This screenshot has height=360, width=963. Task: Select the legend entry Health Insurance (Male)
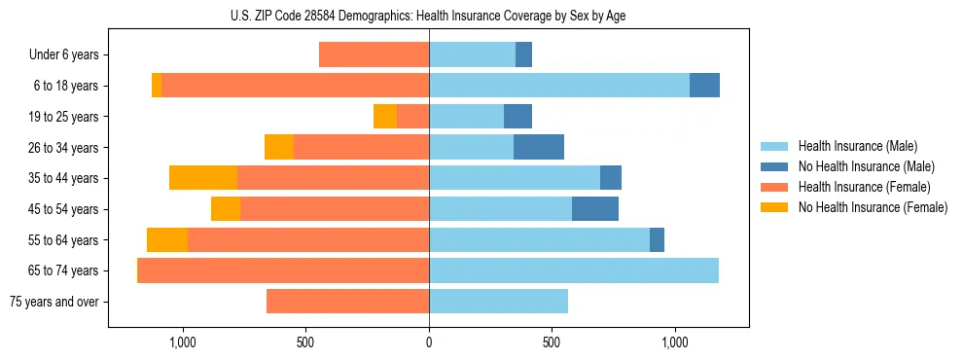(x=856, y=146)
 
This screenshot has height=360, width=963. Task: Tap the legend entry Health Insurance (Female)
(x=864, y=187)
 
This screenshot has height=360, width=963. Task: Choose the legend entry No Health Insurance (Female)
(x=873, y=207)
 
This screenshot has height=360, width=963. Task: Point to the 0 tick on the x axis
(x=429, y=342)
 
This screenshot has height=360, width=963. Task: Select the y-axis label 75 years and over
(x=53, y=302)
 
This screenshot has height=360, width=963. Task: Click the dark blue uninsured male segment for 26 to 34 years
(x=539, y=147)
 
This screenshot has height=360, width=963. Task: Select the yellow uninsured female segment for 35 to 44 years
(x=203, y=178)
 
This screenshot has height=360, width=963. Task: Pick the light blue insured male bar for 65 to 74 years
(x=574, y=270)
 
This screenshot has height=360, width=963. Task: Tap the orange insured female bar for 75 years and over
(x=347, y=302)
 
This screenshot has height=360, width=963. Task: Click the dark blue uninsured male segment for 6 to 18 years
(x=704, y=86)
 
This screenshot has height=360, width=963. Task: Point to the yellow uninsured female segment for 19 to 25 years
(x=385, y=117)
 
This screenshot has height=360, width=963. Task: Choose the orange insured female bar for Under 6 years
(x=374, y=54)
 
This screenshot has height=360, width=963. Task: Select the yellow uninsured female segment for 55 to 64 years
(x=167, y=240)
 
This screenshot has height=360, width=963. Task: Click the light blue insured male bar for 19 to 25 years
(x=466, y=117)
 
